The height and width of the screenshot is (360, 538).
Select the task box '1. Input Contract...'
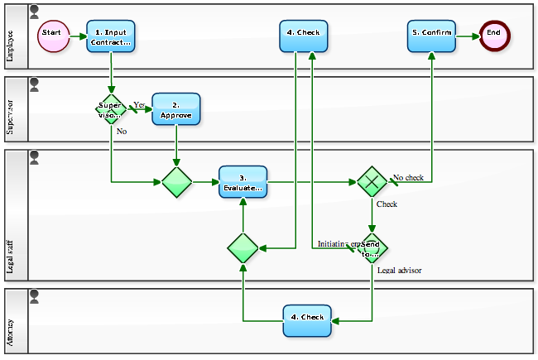pos(110,36)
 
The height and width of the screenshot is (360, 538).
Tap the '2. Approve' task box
pos(175,109)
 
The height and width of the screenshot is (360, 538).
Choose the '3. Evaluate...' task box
pos(243,182)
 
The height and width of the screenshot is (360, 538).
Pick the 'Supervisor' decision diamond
pos(110,110)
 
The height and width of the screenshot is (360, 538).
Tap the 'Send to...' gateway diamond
pos(372,247)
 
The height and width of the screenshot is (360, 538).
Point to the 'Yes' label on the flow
pos(139,104)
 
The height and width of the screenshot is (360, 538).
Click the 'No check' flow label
pos(408,177)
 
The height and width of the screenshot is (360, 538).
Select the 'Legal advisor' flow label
pos(400,271)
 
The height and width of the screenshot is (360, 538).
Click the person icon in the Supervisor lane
pos(34,84)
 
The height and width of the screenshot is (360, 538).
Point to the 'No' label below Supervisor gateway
pos(121,131)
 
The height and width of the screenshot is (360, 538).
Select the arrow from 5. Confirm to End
pos(468,36)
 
